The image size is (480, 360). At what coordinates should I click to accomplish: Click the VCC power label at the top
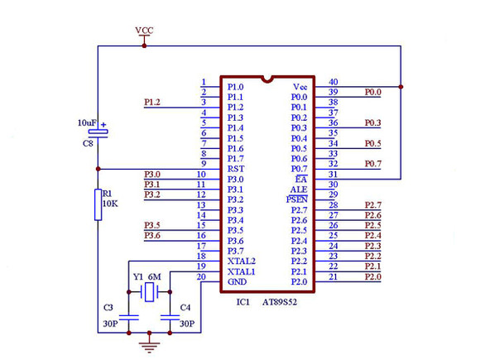tap(144, 31)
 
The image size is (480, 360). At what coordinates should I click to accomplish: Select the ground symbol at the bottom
tap(149, 345)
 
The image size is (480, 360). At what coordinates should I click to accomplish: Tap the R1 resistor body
tap(98, 204)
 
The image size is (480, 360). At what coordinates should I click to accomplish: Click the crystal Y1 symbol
tap(150, 292)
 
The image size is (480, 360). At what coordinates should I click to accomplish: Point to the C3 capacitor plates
tap(129, 318)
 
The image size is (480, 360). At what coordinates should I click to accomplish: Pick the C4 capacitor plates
tap(170, 318)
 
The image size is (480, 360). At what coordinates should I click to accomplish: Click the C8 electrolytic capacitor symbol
tap(98, 133)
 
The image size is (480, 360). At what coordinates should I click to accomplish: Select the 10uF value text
tap(87, 122)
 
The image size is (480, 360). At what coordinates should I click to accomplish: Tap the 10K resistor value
tap(110, 204)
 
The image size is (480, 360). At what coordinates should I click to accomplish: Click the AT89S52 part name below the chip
tap(280, 302)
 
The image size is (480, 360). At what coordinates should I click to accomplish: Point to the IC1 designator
tap(243, 302)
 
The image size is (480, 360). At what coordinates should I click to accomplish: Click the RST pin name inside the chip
tap(236, 169)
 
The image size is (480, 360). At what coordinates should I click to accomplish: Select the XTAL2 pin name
tap(241, 262)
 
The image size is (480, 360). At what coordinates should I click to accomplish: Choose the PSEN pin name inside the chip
tap(296, 199)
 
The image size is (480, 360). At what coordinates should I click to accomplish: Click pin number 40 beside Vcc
tap(333, 82)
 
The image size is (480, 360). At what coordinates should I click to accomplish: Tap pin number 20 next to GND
tap(201, 276)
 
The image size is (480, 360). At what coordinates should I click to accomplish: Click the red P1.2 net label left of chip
tap(152, 102)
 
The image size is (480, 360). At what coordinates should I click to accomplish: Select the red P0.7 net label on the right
tap(373, 164)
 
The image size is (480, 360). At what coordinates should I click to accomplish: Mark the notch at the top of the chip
tap(267, 79)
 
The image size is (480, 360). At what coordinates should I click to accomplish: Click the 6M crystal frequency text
tap(154, 276)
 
